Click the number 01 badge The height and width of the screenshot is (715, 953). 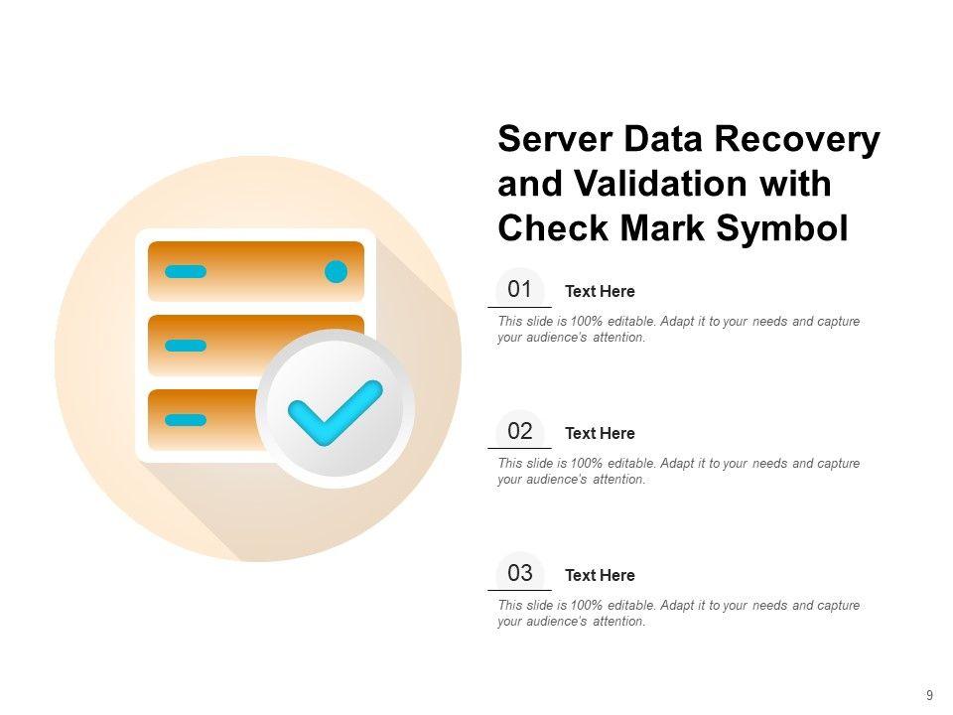click(520, 290)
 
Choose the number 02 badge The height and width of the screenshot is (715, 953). click(520, 432)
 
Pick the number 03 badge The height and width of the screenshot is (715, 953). click(520, 574)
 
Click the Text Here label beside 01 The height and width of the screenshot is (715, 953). click(600, 292)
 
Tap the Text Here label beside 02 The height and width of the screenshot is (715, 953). click(600, 434)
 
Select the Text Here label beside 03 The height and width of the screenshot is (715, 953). click(600, 576)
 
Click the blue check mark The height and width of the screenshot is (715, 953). click(334, 411)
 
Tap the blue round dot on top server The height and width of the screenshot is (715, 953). click(337, 271)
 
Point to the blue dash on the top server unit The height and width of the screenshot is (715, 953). click(186, 271)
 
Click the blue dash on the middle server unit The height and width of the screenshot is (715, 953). click(186, 346)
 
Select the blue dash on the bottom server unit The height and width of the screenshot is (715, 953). click(186, 420)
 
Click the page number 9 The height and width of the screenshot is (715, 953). click(929, 696)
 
